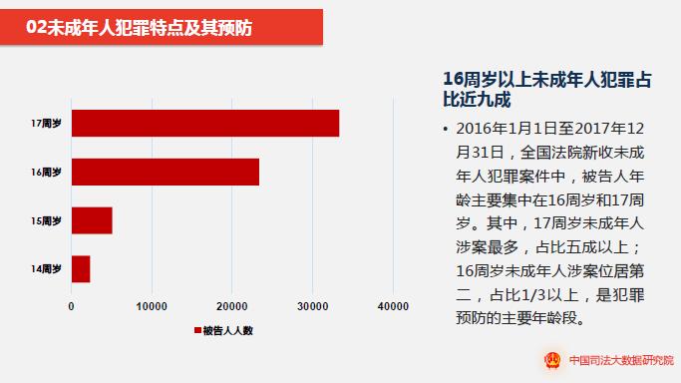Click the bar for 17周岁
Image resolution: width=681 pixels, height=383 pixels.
[x=205, y=124]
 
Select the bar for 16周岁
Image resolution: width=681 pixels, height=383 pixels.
[x=166, y=172]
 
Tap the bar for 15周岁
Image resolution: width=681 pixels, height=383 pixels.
[x=92, y=220]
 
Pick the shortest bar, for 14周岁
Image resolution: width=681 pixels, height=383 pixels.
[x=81, y=269]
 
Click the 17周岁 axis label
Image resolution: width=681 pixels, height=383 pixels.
[x=46, y=124]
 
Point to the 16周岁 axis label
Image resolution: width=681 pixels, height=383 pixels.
[x=46, y=173]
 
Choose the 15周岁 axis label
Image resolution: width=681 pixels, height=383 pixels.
[x=46, y=221]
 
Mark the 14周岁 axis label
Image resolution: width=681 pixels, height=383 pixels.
[x=46, y=269]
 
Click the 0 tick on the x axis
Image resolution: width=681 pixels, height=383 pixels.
[x=71, y=306]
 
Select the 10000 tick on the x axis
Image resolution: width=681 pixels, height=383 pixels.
[x=152, y=306]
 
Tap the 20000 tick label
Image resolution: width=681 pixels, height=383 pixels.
[x=232, y=306]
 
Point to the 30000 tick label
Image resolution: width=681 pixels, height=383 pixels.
[x=313, y=306]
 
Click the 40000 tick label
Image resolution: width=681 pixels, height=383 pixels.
[x=393, y=306]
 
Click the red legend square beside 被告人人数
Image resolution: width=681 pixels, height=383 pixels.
[x=197, y=330]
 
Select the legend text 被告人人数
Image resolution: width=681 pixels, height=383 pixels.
[x=228, y=331]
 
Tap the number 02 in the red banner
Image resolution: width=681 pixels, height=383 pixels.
[x=36, y=27]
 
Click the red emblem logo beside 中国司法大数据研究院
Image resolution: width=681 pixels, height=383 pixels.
[x=553, y=360]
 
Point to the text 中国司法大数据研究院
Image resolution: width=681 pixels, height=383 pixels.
[x=621, y=360]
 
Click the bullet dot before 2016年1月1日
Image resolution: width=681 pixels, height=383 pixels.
[x=445, y=129]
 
